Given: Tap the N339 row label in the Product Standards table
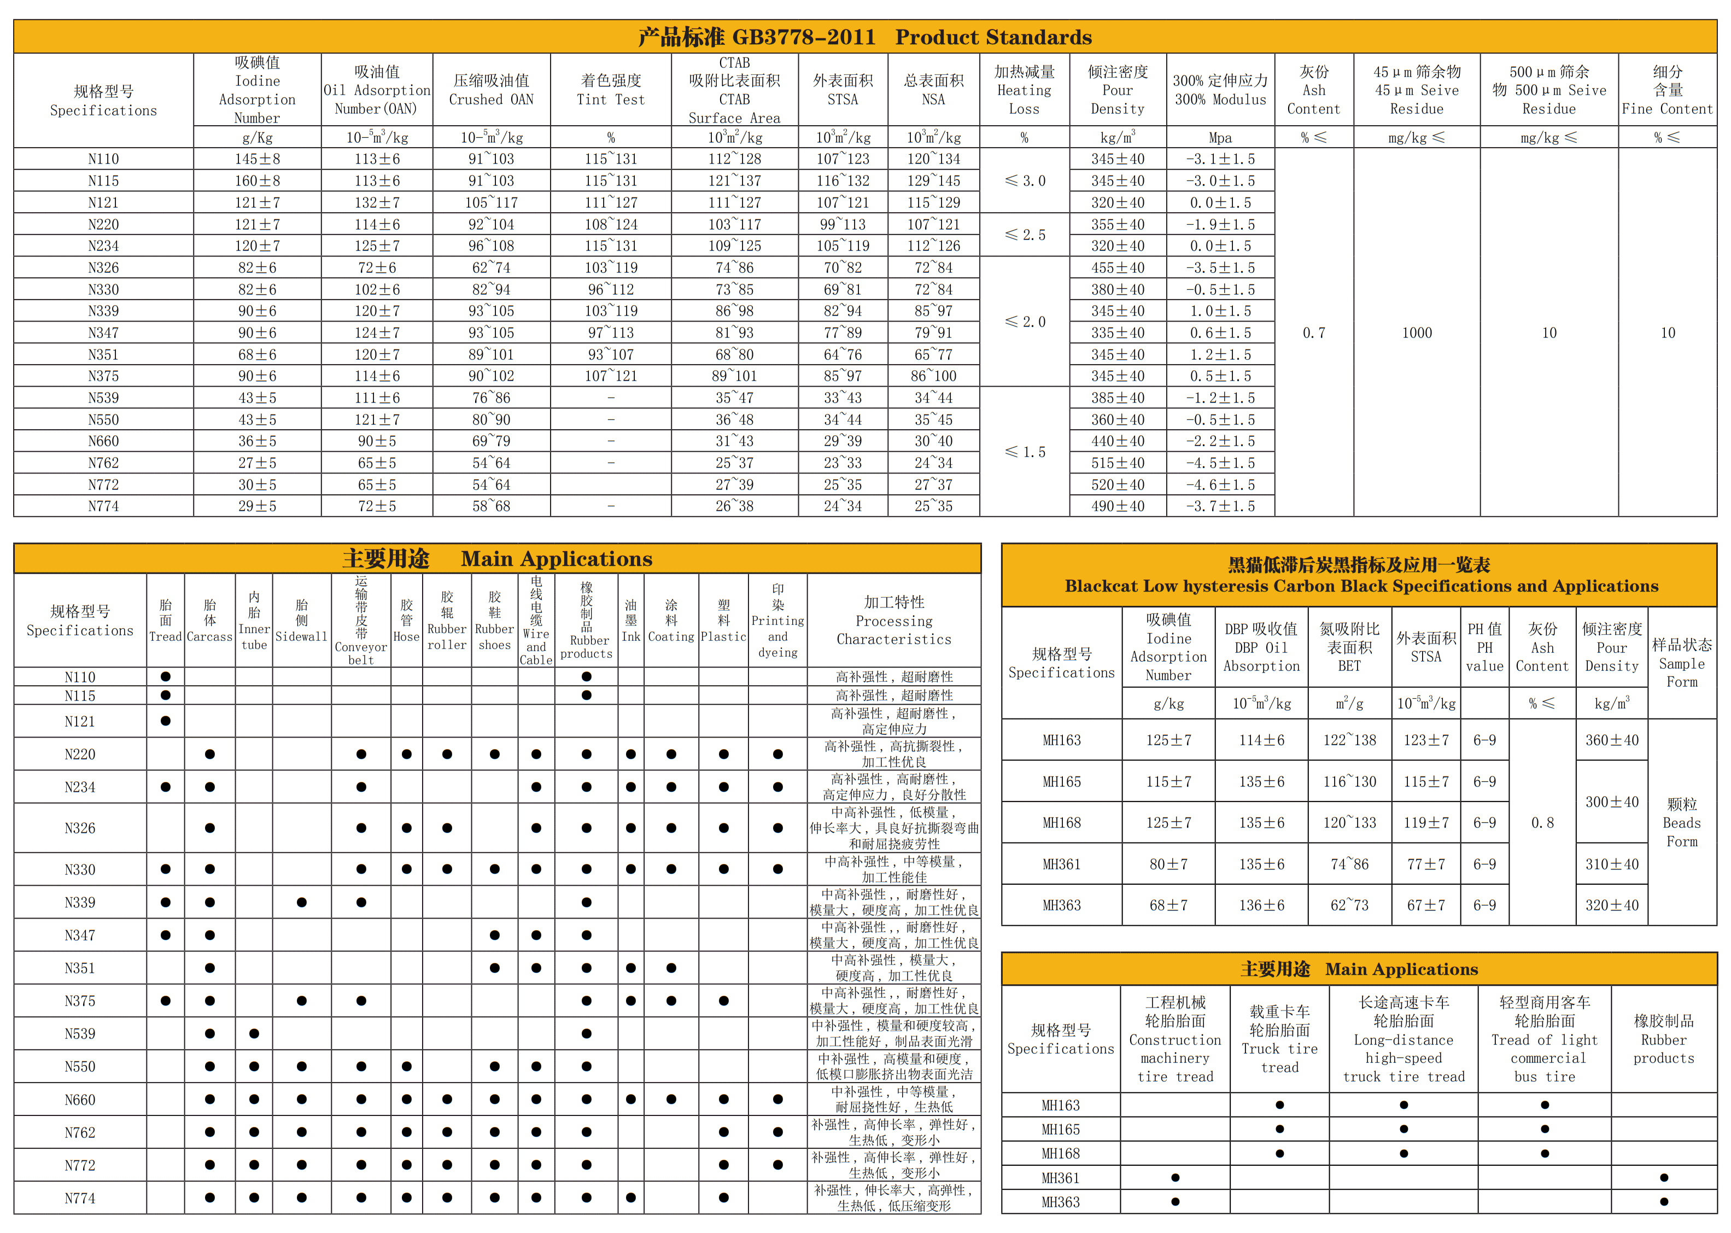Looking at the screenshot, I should coord(103,311).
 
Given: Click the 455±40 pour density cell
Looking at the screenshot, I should coord(1118,268).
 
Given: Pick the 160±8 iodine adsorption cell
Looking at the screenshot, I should coord(258,180).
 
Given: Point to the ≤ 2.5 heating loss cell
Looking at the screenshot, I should coord(1024,235).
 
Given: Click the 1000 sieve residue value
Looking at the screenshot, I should coord(1416,332).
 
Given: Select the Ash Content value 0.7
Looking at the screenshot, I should coord(1313,332).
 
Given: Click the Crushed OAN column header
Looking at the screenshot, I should coord(491,90).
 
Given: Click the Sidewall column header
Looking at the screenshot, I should coord(301,620).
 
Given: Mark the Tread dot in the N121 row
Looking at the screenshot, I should coord(166,721).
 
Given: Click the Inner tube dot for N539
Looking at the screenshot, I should coord(254,1033).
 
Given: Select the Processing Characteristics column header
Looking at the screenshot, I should coord(893,620).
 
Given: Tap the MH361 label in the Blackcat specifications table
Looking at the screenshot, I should coord(1061,864).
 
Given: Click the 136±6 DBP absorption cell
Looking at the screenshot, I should coord(1261,905).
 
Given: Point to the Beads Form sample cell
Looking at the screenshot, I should coord(1682,822).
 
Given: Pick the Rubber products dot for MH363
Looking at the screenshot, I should coord(1663,1202).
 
